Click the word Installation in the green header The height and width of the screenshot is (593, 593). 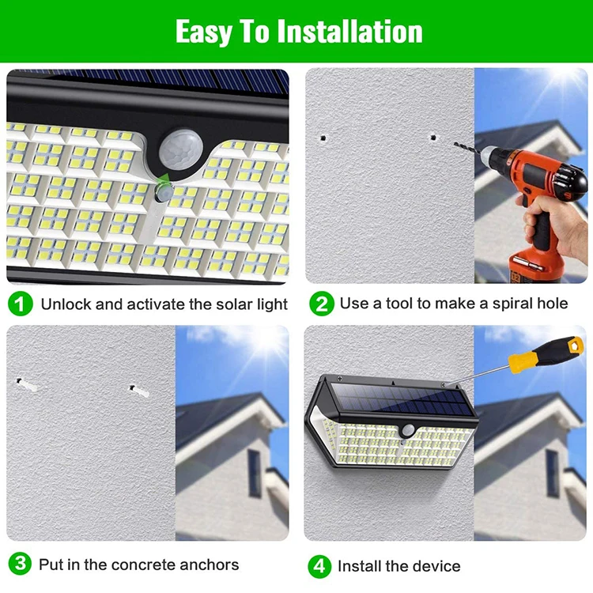(x=349, y=32)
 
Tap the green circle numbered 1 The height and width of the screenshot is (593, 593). (x=21, y=304)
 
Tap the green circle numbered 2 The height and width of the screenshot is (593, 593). (x=322, y=304)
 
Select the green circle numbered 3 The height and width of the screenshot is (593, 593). (x=20, y=564)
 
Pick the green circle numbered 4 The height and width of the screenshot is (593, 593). (x=319, y=566)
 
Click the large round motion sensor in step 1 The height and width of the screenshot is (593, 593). (x=181, y=149)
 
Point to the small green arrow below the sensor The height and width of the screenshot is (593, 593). (x=164, y=179)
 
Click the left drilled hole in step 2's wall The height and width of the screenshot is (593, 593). (x=323, y=138)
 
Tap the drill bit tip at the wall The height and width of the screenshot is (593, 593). (x=455, y=143)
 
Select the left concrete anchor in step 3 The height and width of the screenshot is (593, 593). (x=26, y=384)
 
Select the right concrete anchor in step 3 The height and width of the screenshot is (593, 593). (x=139, y=391)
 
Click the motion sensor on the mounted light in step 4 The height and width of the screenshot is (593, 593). (x=408, y=430)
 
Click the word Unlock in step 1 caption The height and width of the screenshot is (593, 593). (x=66, y=304)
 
